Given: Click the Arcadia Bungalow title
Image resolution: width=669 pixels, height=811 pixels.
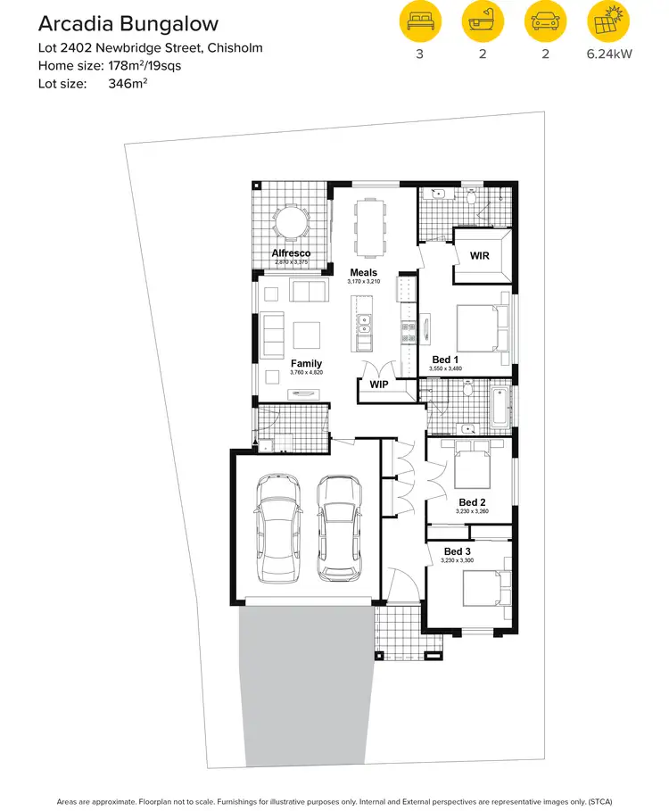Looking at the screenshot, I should tap(127, 23).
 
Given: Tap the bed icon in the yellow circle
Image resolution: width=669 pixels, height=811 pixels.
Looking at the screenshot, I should tap(418, 21).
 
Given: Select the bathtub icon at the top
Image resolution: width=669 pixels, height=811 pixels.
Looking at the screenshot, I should tap(483, 21).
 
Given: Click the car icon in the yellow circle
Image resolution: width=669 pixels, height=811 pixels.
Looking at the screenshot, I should tap(545, 21).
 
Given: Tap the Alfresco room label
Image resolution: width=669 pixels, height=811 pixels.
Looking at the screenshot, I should tap(291, 254).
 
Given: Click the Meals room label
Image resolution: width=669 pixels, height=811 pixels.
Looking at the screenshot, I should tap(363, 273).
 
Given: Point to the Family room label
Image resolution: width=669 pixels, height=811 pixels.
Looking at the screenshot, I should tap(306, 363).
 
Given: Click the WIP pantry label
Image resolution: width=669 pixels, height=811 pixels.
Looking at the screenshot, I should tap(378, 385).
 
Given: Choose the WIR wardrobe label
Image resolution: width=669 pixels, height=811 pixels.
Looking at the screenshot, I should tap(479, 256).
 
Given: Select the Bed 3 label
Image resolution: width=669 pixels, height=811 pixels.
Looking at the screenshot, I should tap(458, 551).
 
